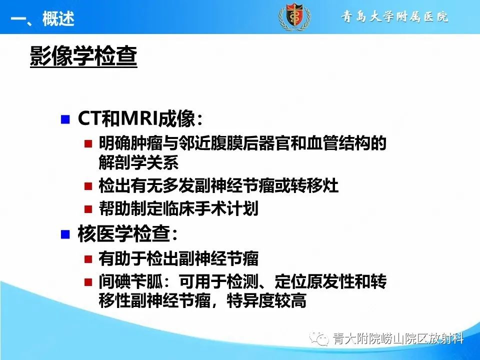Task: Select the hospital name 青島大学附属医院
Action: [395, 17]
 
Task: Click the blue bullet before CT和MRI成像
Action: [64, 119]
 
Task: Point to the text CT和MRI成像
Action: [139, 119]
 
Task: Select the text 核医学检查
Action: [127, 234]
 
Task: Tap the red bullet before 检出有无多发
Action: [88, 186]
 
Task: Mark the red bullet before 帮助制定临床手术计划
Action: [88, 209]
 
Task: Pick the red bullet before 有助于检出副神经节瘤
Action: [88, 259]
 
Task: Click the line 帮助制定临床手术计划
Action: [178, 209]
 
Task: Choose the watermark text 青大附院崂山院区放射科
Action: [398, 339]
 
